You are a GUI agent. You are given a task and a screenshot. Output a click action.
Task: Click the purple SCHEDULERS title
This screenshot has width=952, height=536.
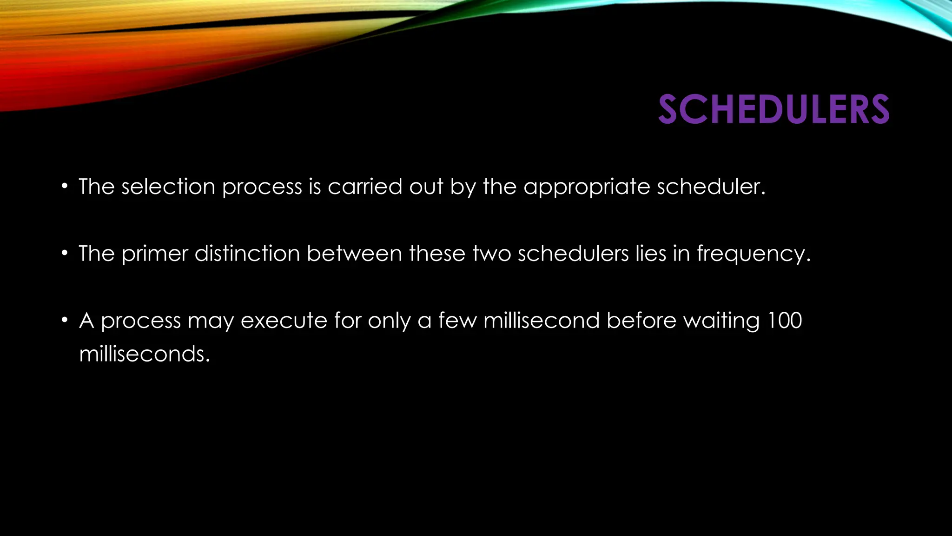tap(773, 110)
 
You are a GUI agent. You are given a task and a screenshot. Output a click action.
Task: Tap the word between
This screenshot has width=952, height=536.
tap(354, 254)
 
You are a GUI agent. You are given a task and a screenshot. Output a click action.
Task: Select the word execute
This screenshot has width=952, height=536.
tap(284, 321)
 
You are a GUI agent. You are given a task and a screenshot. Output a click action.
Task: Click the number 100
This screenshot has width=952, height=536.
tap(785, 321)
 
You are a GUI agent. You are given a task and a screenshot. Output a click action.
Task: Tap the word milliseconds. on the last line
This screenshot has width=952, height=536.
tap(145, 355)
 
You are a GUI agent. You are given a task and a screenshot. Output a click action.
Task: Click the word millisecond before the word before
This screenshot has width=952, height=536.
tap(542, 321)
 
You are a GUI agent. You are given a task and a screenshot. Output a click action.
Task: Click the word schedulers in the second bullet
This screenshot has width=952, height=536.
tap(573, 254)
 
